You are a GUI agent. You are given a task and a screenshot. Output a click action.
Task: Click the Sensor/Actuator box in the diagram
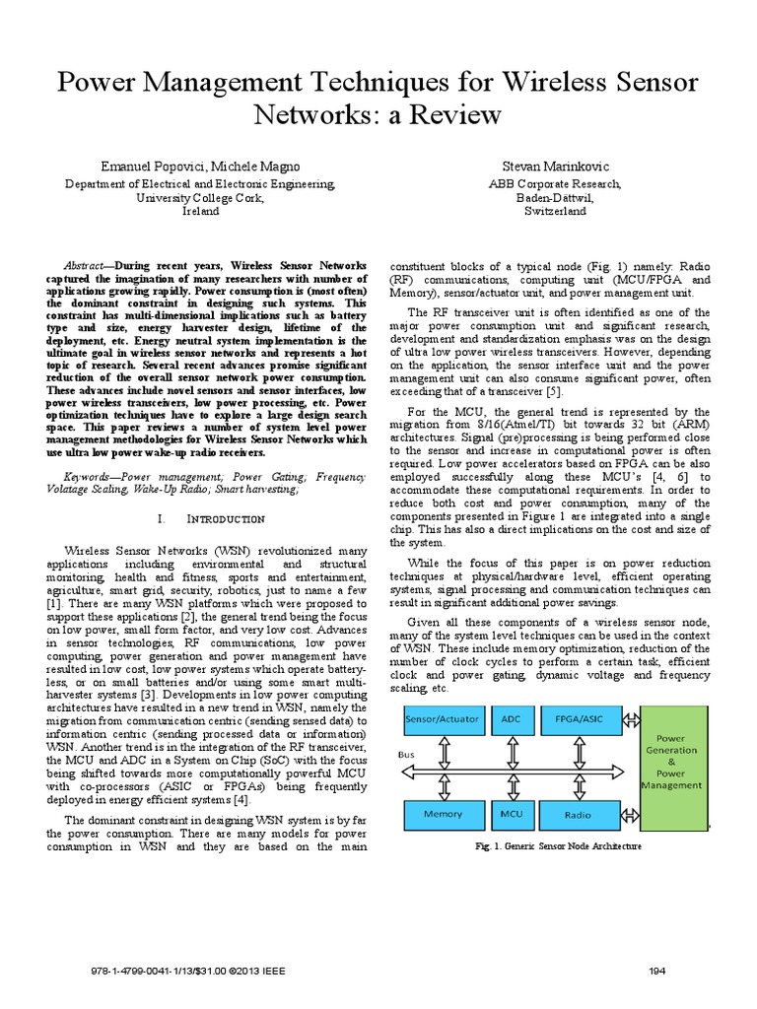(444, 720)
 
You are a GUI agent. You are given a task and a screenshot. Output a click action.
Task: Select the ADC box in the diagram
(512, 720)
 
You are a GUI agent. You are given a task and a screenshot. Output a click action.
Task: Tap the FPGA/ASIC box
(581, 720)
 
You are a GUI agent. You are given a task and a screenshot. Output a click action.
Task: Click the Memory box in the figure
(444, 815)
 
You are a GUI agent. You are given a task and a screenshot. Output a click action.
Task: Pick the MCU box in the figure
(512, 815)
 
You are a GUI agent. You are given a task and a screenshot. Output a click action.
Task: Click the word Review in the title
(443, 114)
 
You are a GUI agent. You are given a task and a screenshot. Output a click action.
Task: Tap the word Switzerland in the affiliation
(556, 211)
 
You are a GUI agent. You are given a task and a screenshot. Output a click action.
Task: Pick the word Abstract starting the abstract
(83, 267)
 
